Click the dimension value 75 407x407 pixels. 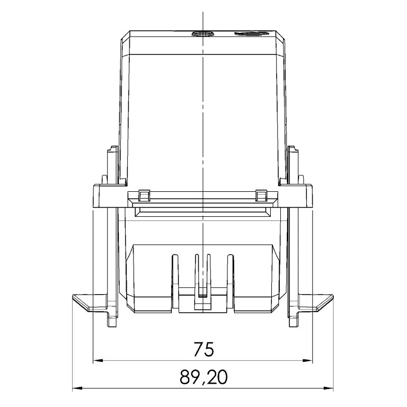pyautogui.click(x=203, y=350)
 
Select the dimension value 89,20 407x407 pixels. pyautogui.click(x=203, y=377)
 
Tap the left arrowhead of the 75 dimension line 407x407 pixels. pyautogui.click(x=97, y=361)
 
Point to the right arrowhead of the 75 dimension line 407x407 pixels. pyautogui.click(x=308, y=361)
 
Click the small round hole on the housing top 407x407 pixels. pyautogui.click(x=202, y=34)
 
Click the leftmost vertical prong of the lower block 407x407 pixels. pyautogui.click(x=173, y=270)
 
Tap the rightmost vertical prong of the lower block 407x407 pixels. pyautogui.click(x=230, y=270)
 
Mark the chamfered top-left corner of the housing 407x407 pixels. pyautogui.click(x=125, y=36)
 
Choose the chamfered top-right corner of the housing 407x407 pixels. pyautogui.click(x=280, y=36)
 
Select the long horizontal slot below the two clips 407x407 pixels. pyautogui.click(x=202, y=212)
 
